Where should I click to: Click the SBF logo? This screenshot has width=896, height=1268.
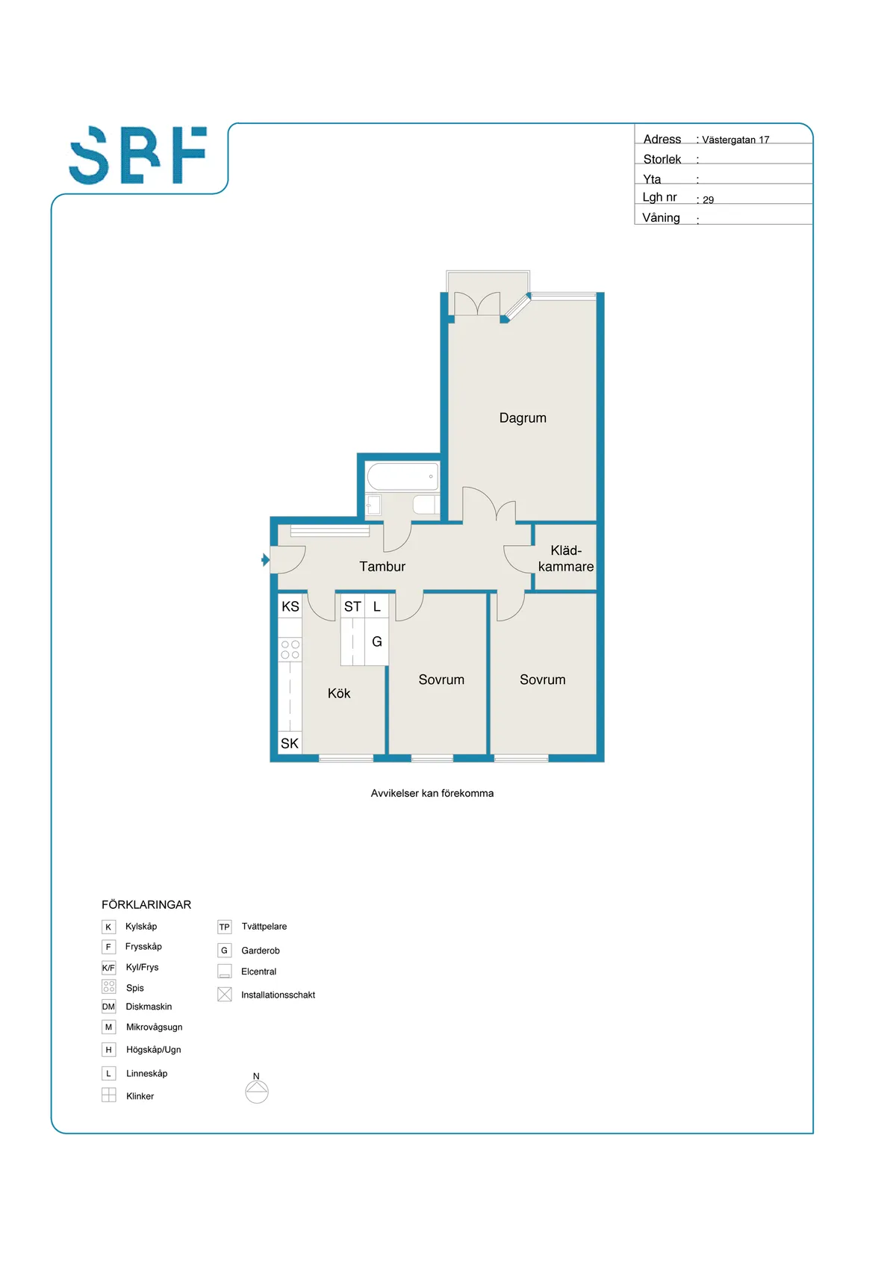click(138, 155)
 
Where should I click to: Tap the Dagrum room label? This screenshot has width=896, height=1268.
click(523, 418)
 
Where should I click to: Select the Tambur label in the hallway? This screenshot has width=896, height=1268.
click(382, 567)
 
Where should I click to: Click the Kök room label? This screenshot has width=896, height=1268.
click(339, 694)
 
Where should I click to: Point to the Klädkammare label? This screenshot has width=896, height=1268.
click(566, 559)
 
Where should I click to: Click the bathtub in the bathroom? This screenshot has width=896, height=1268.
click(402, 476)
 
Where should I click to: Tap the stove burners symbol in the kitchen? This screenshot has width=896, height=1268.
click(290, 650)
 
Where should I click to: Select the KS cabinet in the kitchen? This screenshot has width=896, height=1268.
click(290, 606)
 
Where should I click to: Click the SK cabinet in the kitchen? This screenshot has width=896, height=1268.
click(290, 743)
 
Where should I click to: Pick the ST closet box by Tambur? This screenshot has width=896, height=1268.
click(352, 606)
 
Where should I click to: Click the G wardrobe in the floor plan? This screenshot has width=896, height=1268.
click(377, 641)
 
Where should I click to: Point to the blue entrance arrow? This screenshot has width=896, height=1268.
click(265, 559)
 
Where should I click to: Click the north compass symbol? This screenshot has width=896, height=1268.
click(257, 1090)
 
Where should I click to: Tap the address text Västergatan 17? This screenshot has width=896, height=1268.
click(735, 140)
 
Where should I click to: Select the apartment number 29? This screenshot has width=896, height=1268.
click(708, 200)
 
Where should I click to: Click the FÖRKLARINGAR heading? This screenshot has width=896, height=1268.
click(146, 904)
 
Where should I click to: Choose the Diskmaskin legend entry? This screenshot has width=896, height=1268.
click(149, 1007)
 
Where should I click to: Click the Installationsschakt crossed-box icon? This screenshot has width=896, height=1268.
click(225, 995)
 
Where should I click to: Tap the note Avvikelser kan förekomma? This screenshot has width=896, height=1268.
click(432, 793)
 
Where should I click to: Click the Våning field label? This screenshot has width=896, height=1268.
click(661, 218)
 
